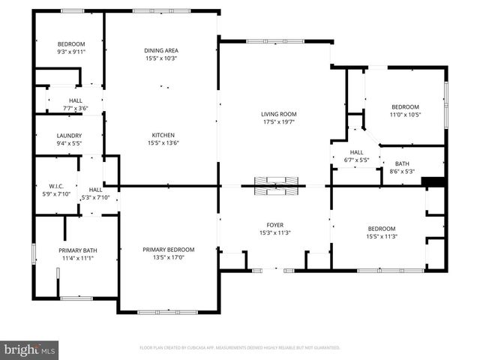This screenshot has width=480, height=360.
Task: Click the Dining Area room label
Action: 161,50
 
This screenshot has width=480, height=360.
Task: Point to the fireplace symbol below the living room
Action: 274,184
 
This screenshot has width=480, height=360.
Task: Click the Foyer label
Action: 274,224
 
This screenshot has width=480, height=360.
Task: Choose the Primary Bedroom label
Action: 169,250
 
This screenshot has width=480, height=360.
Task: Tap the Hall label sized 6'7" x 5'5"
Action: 356,160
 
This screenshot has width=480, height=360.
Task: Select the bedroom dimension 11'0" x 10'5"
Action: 405,115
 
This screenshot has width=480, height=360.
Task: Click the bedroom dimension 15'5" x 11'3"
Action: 382,236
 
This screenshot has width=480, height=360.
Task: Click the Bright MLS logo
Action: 30,349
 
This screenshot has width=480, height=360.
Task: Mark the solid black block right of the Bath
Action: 433,181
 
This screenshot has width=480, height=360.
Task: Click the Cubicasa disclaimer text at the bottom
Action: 239,348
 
